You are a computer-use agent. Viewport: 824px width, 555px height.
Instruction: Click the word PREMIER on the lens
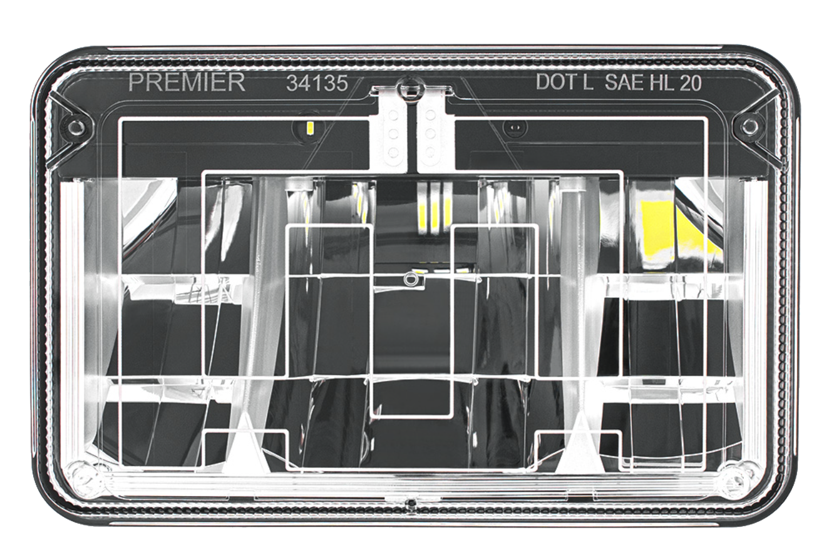[x=187, y=83]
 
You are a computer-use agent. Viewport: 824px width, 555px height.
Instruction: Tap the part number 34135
[x=317, y=83]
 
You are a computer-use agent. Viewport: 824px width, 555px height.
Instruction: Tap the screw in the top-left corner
[x=76, y=127]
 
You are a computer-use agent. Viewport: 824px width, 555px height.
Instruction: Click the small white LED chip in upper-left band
[x=310, y=128]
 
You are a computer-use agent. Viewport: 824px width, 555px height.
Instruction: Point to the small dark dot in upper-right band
[x=513, y=128]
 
